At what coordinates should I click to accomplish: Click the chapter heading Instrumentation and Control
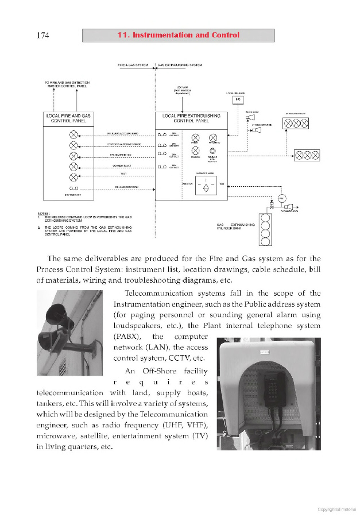coord(178,36)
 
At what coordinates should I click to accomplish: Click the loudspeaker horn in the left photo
coord(57,315)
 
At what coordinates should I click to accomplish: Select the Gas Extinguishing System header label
coord(179,65)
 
